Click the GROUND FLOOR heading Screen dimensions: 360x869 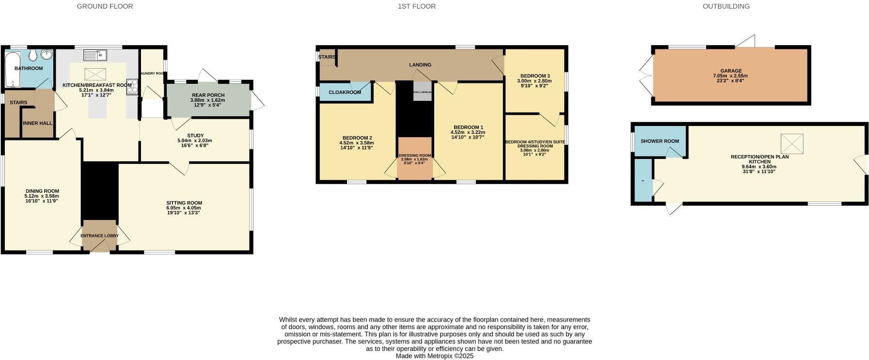coord(105,6)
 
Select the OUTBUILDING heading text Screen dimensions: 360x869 coord(726,6)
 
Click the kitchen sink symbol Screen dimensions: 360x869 coord(95,56)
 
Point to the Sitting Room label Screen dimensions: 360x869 coord(184,203)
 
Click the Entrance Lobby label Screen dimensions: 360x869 coord(99,236)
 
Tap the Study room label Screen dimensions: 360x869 coord(195,136)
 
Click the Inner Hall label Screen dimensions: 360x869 coord(38,123)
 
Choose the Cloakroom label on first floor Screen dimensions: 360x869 coord(345,93)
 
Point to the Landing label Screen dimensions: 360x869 coord(420,65)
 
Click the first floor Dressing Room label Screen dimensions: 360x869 coord(415,156)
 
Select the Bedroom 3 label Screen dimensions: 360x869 coord(535,76)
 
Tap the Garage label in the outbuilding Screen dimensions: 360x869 coord(730,71)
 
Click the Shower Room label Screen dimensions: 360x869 coord(660,141)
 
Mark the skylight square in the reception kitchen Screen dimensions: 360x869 coord(792,144)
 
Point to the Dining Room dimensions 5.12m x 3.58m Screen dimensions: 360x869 coord(42,196)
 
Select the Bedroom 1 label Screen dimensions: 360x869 coord(468,127)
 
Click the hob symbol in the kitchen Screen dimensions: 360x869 coord(132,86)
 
